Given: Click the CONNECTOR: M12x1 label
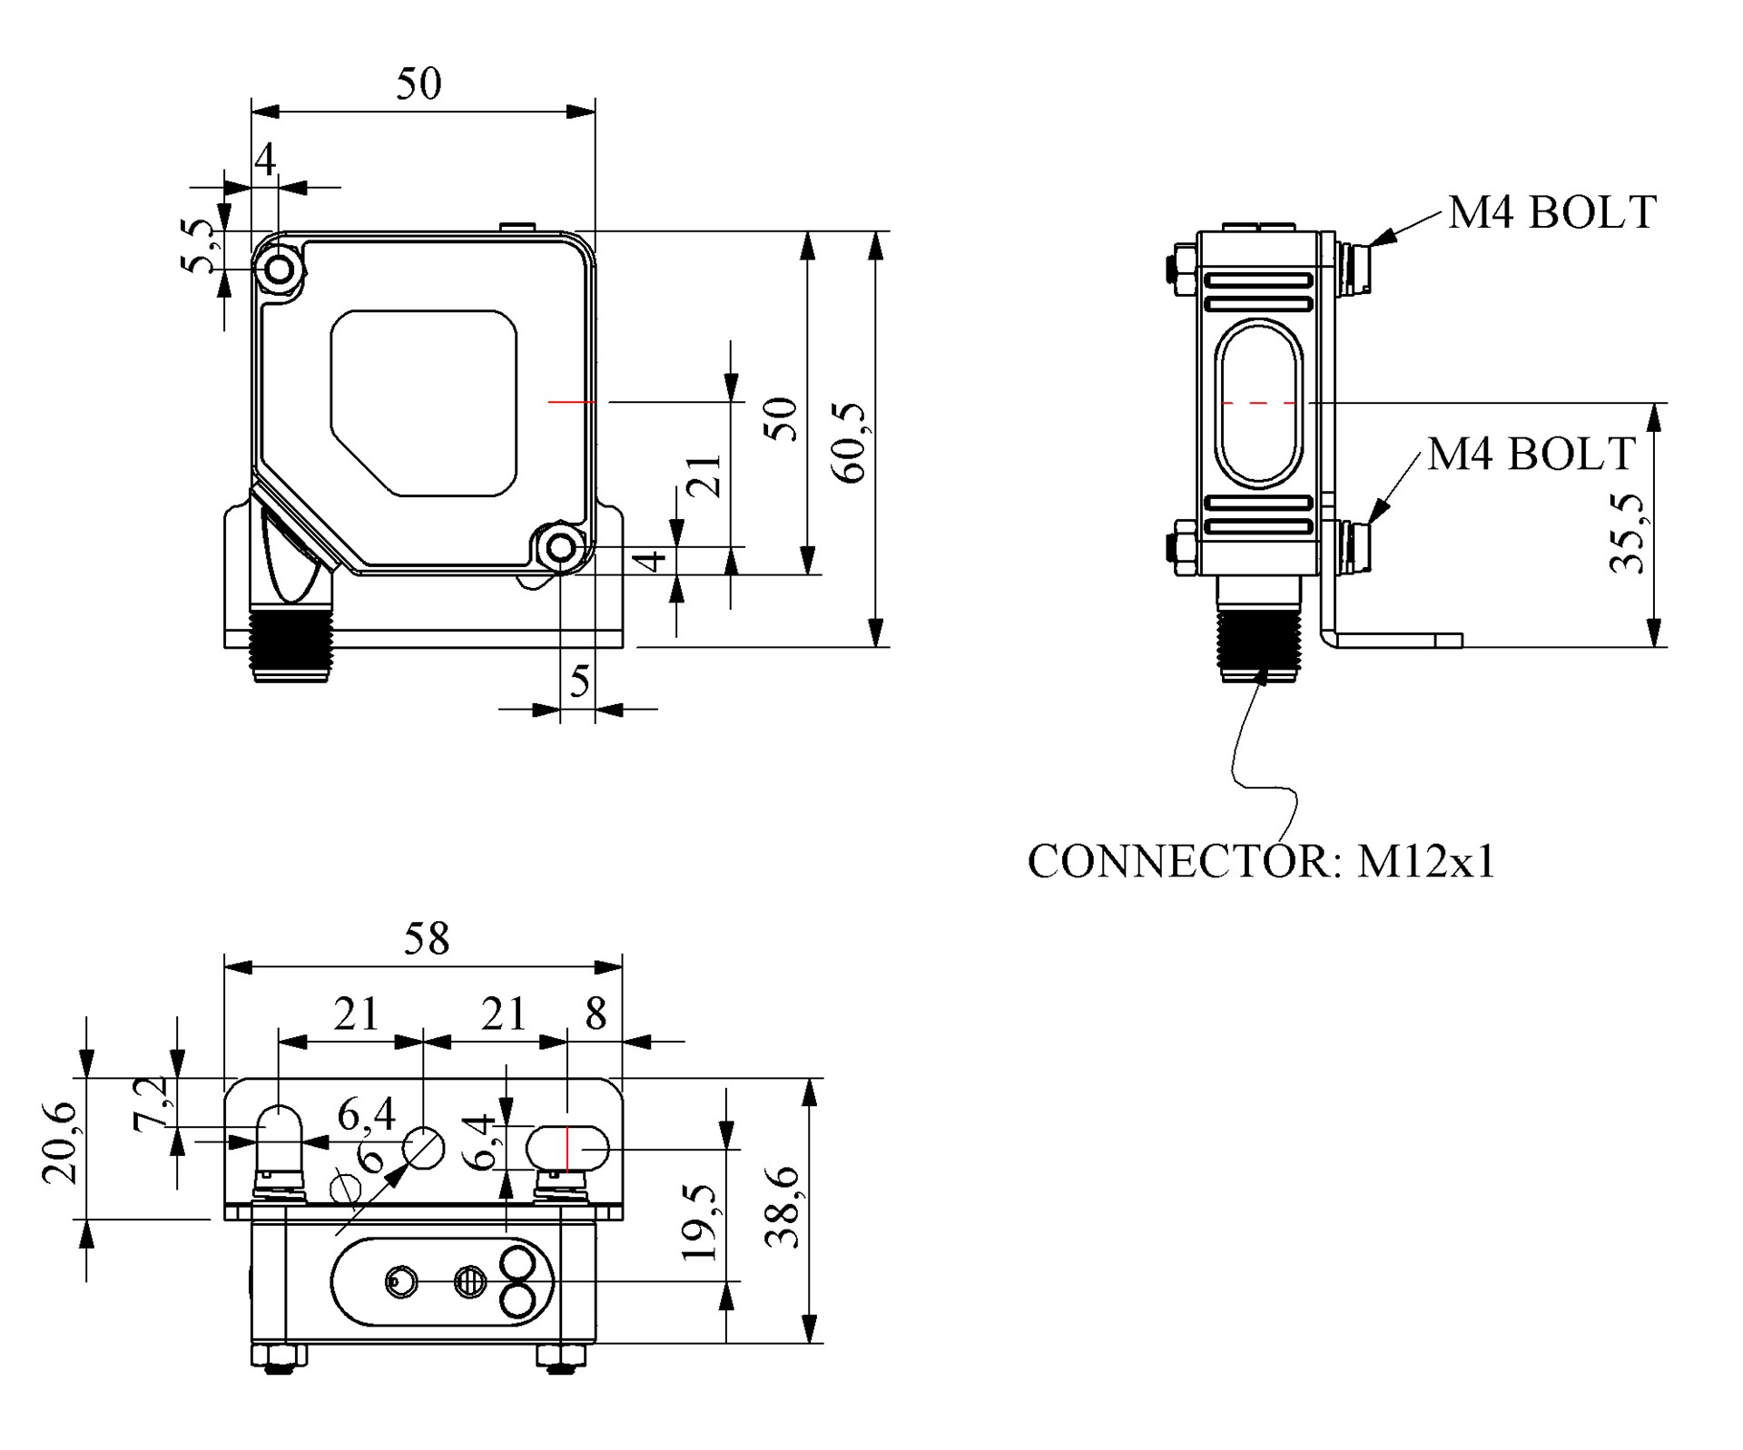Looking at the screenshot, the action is tap(1261, 860).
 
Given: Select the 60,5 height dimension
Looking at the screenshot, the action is tap(850, 444).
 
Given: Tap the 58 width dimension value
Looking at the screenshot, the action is tap(427, 938).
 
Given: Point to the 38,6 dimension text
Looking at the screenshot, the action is tap(783, 1208).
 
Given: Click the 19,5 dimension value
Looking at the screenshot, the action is tap(699, 1223).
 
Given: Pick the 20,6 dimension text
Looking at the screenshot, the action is tap(60, 1142).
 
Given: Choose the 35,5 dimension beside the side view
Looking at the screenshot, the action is tap(1627, 534).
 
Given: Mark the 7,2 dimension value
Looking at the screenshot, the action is tap(151, 1104).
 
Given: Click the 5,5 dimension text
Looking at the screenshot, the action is tap(199, 244).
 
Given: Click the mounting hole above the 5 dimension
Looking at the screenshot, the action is tap(562, 548).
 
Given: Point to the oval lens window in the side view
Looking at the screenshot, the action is tap(1259, 403).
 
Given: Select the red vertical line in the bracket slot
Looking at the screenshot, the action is tap(566, 1149).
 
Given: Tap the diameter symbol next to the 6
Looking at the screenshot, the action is tap(346, 1188).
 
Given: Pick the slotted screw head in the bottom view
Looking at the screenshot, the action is tap(470, 1282).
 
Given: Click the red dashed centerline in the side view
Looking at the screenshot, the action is tap(1259, 402).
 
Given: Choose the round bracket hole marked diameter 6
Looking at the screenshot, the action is tap(424, 1148).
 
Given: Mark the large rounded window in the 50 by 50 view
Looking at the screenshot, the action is tap(424, 403).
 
